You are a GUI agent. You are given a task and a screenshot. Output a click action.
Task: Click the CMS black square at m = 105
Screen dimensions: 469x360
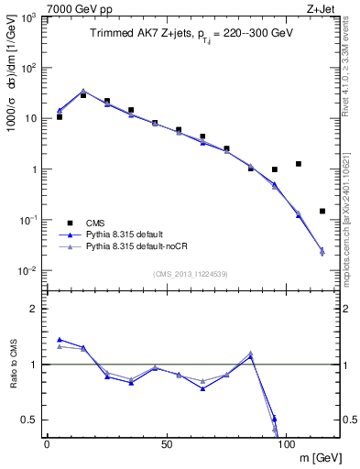point(299,164)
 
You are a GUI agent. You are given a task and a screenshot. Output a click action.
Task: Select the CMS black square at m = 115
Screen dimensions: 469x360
point(322,211)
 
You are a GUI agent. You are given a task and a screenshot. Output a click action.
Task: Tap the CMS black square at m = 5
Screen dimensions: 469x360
point(60,117)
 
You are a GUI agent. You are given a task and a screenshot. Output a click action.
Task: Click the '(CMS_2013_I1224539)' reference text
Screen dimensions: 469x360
point(191,273)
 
